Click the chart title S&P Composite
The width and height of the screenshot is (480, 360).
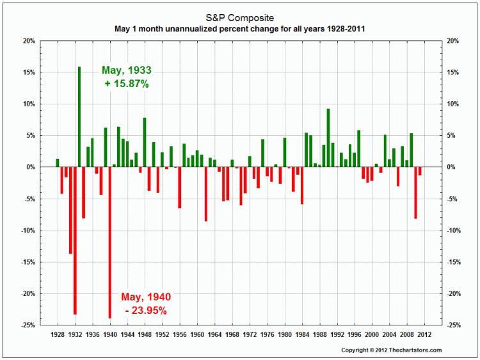point(240,17)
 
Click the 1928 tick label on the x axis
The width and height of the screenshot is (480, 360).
point(57,335)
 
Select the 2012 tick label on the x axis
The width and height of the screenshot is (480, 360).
point(424,335)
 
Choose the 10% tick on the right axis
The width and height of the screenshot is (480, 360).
point(451,104)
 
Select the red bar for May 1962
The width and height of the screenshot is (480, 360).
point(205,194)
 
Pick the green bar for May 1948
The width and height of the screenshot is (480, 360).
point(145,142)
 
